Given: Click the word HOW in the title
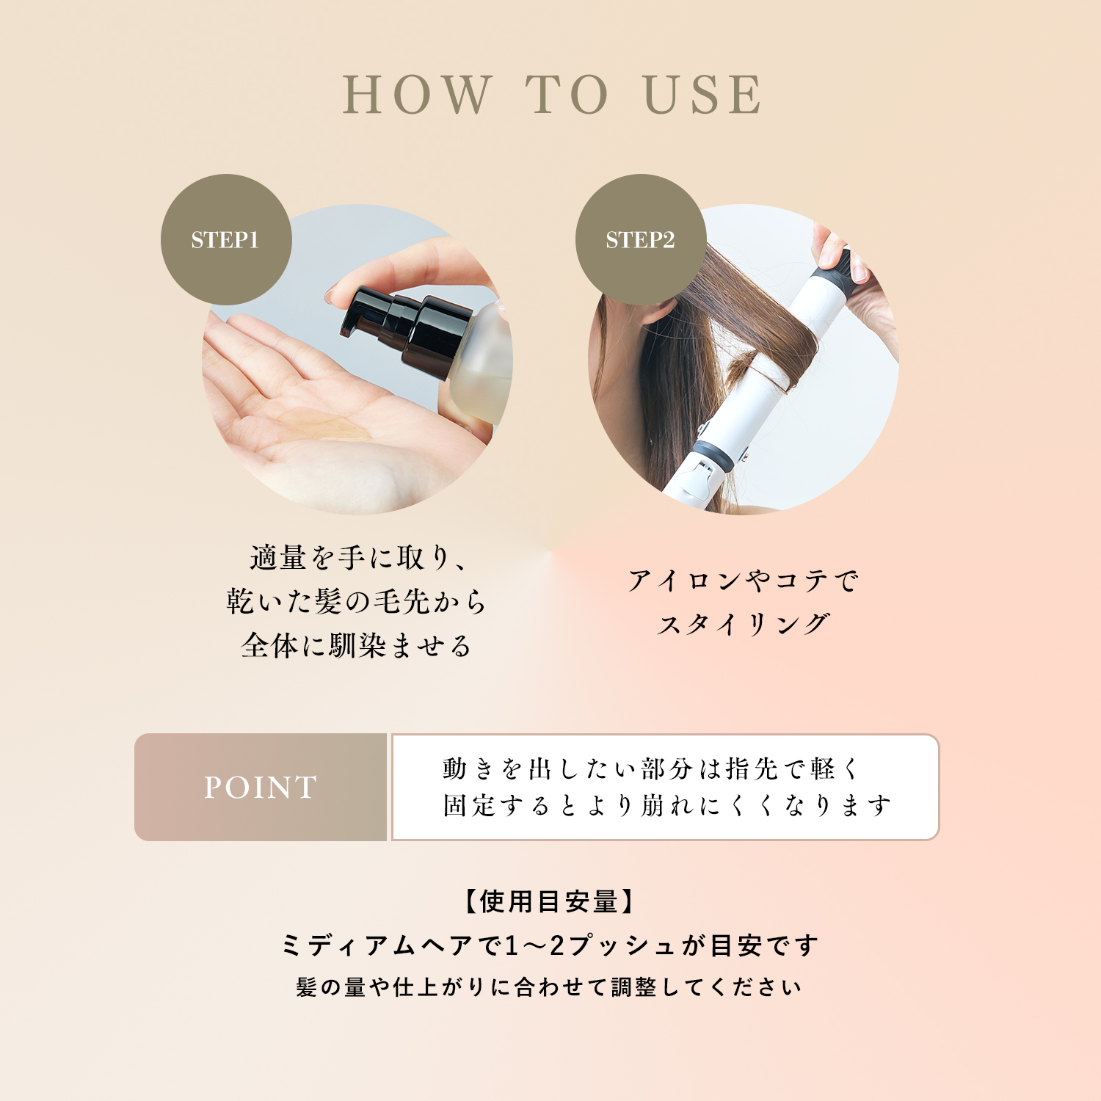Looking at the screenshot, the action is tap(417, 95).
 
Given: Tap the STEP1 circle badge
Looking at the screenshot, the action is tap(226, 239).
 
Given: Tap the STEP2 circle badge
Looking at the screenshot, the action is tap(641, 239).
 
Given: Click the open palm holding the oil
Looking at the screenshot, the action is tap(323, 418).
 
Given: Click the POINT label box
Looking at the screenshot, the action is tap(261, 787).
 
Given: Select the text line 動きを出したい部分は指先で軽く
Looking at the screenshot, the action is tap(651, 768).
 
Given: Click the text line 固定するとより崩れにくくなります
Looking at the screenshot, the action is tap(666, 805).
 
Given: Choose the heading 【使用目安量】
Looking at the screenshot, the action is tap(548, 901).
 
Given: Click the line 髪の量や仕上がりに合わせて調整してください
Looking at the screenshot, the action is tap(549, 987).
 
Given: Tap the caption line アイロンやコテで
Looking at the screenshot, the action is tap(743, 581).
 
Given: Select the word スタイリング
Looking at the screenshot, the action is tap(743, 625).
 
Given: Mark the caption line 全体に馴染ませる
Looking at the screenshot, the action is tap(356, 646).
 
